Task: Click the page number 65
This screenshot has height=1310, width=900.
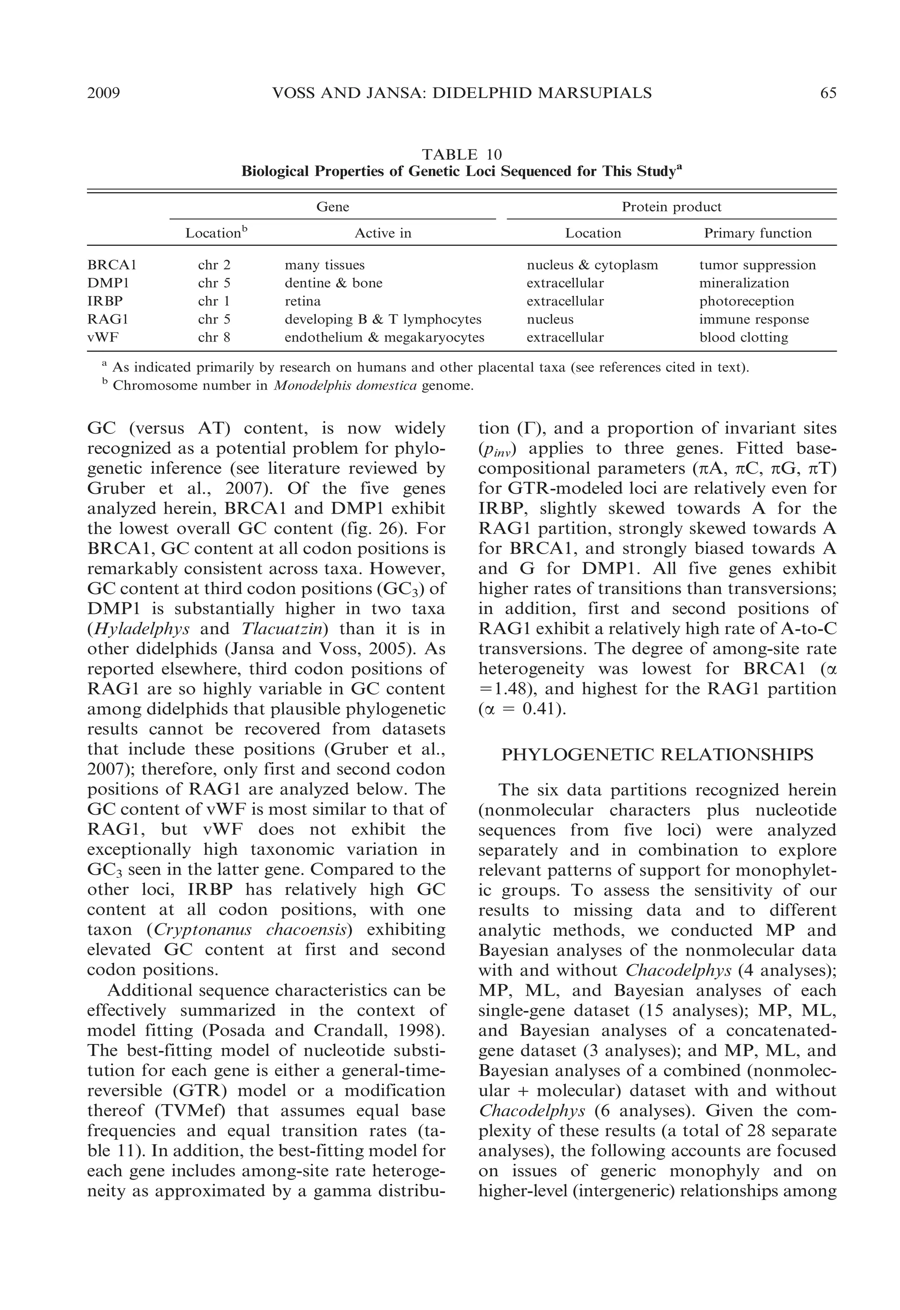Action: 827,93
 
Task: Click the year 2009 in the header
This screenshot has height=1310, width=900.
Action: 104,93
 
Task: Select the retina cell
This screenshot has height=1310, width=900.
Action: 302,301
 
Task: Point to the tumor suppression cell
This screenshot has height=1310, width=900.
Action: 757,265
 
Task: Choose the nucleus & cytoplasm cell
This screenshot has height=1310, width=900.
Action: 592,265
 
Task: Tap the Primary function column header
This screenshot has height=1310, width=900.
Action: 757,233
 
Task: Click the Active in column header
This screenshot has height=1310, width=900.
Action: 382,233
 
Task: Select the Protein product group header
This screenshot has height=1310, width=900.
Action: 671,207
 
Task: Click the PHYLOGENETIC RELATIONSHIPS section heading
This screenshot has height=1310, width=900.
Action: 657,755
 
